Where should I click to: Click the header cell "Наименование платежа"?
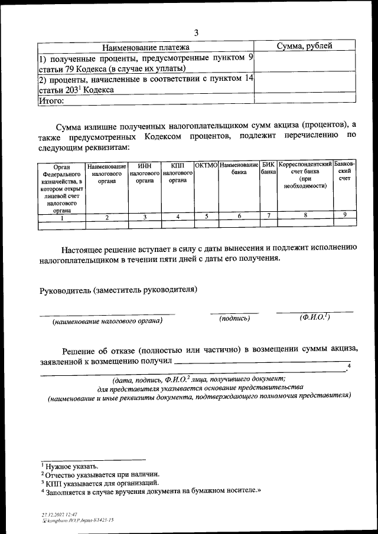(x=146, y=47)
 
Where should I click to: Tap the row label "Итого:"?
(x=51, y=100)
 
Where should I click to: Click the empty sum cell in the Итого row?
(x=304, y=100)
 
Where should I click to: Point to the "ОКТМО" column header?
(x=206, y=165)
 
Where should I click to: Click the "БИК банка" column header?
(x=269, y=169)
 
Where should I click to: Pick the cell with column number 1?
(x=61, y=217)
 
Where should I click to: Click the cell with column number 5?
(x=206, y=217)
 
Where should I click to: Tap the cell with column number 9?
(x=344, y=216)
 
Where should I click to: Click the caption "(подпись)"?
(x=234, y=319)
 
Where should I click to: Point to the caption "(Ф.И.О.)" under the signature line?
(x=314, y=317)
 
